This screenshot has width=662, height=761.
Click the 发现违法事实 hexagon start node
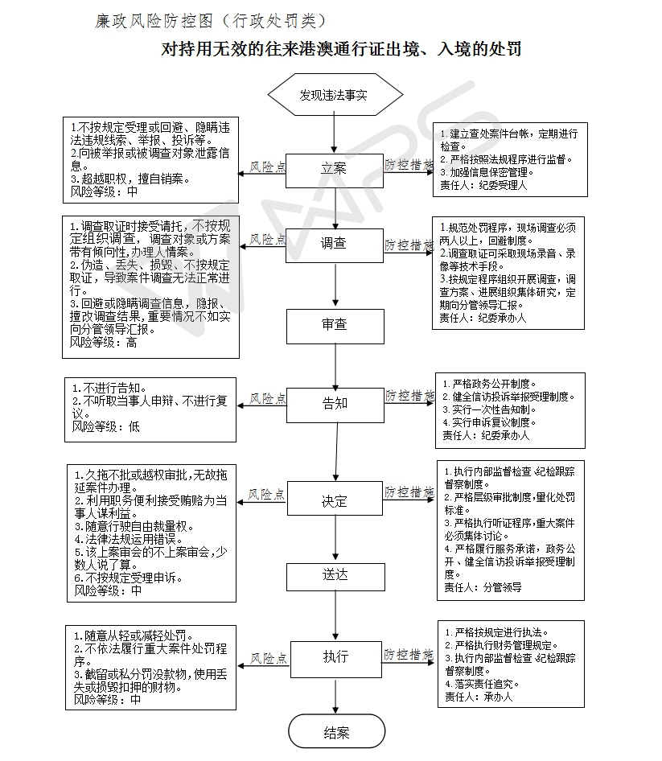pos(334,95)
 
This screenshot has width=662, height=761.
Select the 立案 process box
pos(334,169)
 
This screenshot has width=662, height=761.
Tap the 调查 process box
pos(334,244)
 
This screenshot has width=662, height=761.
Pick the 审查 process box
pos(334,325)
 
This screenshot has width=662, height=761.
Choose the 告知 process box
pos(334,403)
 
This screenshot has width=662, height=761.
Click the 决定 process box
pos(334,501)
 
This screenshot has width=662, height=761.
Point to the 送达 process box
pos(334,574)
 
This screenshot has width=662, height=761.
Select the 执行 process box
pos(334,657)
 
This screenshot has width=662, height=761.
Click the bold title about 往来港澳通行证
pos(342,50)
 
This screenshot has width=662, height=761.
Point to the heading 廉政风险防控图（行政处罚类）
pos(210,19)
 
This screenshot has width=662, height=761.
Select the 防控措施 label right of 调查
pos(409,244)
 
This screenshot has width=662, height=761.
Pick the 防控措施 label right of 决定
pos(409,492)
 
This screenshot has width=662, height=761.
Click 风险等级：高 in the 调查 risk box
pos(104,342)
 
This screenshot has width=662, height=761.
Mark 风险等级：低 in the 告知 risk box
pos(105,426)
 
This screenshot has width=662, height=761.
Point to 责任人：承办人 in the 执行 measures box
pos(477,697)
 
